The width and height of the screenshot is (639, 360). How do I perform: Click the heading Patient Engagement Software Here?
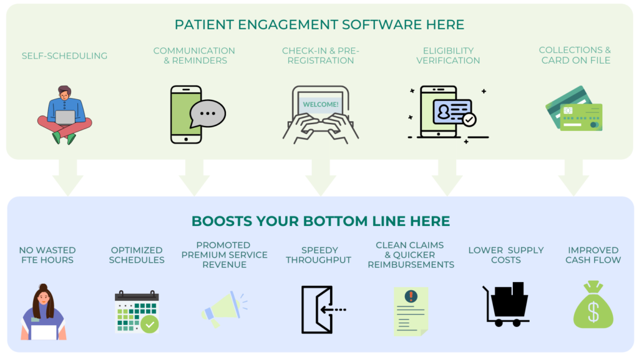click(319, 25)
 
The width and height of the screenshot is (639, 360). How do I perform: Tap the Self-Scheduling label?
click(64, 56)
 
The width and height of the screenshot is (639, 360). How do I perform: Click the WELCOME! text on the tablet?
click(320, 104)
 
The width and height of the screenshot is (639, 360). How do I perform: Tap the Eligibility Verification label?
click(448, 56)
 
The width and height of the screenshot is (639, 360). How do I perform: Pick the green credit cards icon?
click(575, 109)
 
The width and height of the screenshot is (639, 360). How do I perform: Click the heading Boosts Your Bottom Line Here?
click(320, 221)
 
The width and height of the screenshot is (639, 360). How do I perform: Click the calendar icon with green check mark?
click(137, 311)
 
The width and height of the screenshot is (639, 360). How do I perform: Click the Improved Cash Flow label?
click(593, 255)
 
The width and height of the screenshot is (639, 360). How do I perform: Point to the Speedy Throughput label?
click(318, 255)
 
